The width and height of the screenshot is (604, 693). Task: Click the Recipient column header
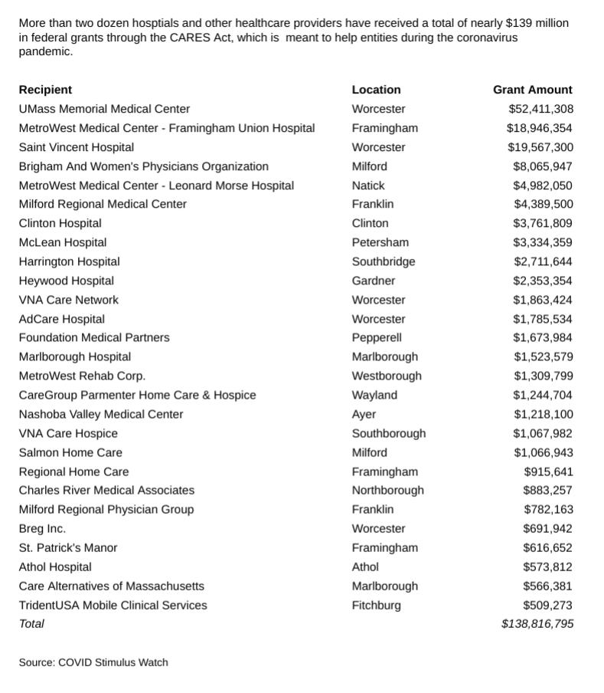tap(45, 90)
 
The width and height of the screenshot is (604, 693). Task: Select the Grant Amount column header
tap(533, 90)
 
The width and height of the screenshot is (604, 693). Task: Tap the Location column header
tap(376, 90)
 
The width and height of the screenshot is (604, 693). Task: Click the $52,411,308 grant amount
tap(540, 109)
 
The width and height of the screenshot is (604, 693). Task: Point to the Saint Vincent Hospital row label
tap(77, 147)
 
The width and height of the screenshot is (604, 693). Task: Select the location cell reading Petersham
tap(380, 242)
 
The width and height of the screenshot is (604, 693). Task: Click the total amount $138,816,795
tap(537, 624)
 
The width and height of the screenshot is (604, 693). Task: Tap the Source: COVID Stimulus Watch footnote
tap(93, 662)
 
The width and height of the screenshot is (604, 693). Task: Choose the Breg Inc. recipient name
tap(42, 528)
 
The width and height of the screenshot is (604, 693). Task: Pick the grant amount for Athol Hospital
tap(548, 567)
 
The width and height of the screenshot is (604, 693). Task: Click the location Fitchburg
tap(376, 605)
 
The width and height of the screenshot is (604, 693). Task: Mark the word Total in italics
tap(31, 624)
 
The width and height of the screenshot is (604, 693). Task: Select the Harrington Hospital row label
tap(69, 261)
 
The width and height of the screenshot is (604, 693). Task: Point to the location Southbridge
tap(384, 261)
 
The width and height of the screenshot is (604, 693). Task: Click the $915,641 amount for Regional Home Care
tap(548, 471)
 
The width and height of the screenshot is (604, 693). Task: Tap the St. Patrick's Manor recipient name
tap(68, 547)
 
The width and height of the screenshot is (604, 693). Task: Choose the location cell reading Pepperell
tap(377, 337)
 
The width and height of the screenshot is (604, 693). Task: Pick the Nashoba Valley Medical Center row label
tap(101, 414)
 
